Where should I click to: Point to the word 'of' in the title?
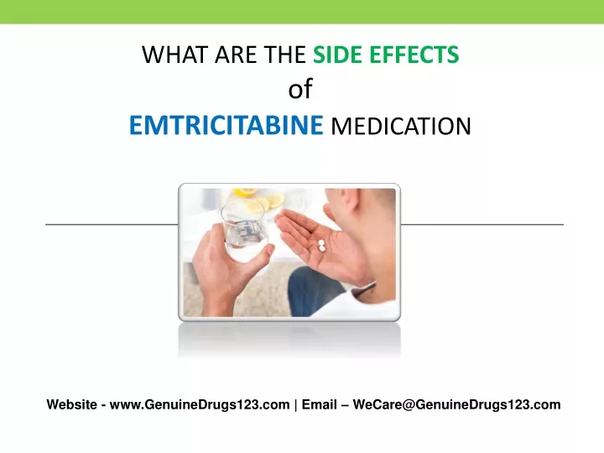[300, 89]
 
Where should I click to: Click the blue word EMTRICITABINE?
[226, 125]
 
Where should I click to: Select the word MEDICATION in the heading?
[401, 126]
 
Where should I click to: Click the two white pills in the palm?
[321, 245]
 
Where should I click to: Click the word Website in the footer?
[71, 404]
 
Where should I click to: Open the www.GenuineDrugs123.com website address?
[200, 404]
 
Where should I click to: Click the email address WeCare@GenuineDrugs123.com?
[456, 404]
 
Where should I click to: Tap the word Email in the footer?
[320, 404]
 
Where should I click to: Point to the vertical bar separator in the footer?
[295, 405]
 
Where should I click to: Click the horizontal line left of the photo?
[112, 224]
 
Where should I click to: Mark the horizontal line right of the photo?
[482, 224]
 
